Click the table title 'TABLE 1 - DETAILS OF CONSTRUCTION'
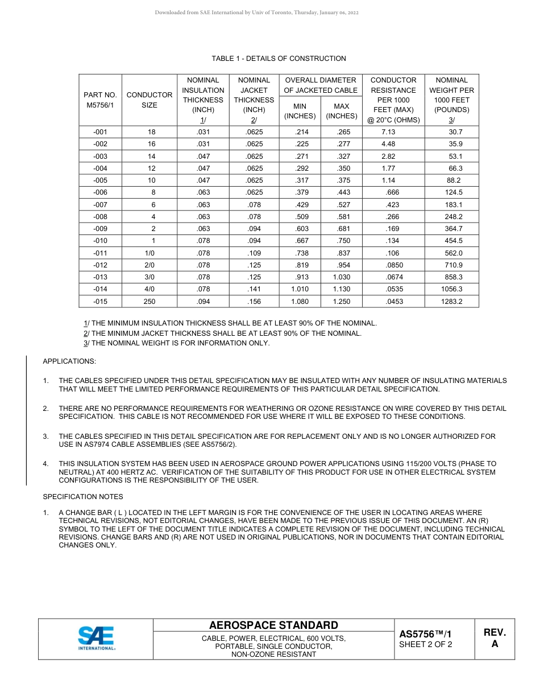point(279,59)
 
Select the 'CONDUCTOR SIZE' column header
point(149,100)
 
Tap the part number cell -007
point(99,204)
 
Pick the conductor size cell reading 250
point(149,302)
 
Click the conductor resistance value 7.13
point(388,132)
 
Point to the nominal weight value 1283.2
point(451,302)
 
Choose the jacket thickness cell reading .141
point(254,289)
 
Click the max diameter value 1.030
point(341,277)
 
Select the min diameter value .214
point(300,132)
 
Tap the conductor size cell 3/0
point(149,277)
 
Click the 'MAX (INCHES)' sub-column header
point(341,110)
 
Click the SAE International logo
point(96,639)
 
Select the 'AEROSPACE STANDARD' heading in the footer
point(273,625)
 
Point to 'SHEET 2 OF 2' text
point(425,645)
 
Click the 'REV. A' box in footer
point(495,639)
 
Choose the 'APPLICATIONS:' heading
point(69,361)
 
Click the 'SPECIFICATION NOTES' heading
point(83,497)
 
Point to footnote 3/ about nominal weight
point(176,343)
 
